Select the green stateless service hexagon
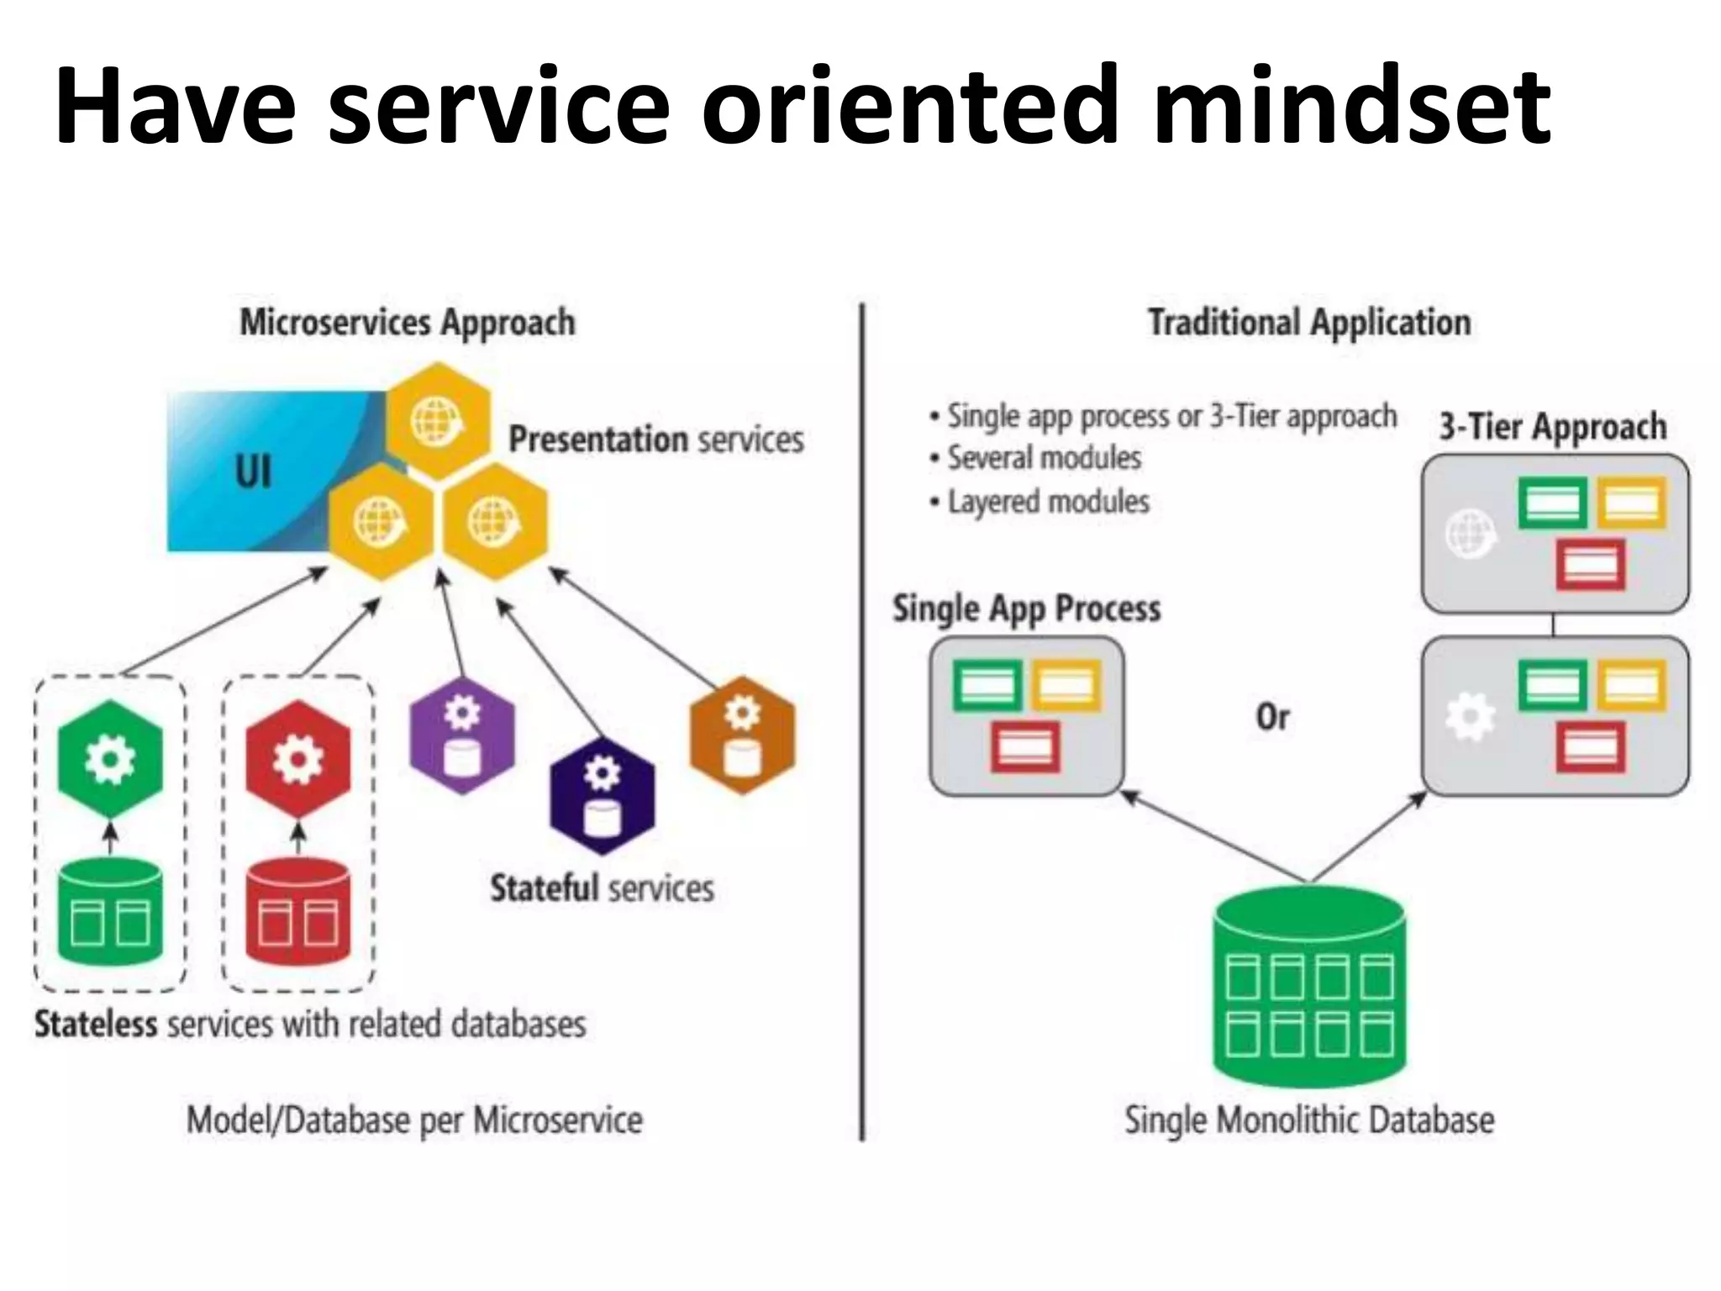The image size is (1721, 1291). click(110, 759)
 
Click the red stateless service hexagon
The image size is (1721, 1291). click(298, 759)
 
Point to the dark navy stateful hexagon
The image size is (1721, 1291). click(602, 794)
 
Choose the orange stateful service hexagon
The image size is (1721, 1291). click(742, 734)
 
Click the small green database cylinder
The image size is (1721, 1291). click(110, 912)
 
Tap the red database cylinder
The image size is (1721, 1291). click(298, 912)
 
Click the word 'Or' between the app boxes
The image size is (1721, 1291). click(1272, 717)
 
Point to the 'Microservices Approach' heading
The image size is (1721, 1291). click(408, 323)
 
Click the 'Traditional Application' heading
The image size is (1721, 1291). click(1309, 323)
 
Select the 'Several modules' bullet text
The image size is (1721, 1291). click(1045, 458)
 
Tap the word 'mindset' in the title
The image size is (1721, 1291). click(1351, 108)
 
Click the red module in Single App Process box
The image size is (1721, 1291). click(1025, 746)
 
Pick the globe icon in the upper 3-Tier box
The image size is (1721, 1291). click(1470, 533)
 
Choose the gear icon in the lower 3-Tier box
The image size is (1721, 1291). click(1470, 717)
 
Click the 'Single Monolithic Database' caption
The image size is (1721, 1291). click(1309, 1120)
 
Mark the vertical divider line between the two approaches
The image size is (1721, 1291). click(862, 723)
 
